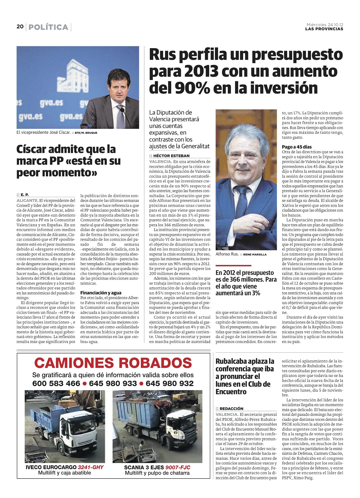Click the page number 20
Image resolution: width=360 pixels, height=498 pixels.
(x=20, y=27)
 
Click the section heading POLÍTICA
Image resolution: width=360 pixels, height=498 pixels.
(x=48, y=27)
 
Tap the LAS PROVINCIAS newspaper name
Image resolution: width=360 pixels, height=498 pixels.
(x=324, y=29)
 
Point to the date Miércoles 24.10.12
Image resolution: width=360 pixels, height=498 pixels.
(x=325, y=25)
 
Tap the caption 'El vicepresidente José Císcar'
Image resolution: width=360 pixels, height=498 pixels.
(x=44, y=132)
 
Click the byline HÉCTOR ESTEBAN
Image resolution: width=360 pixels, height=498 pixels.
(x=171, y=156)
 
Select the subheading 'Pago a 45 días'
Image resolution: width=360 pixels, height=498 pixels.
(x=297, y=147)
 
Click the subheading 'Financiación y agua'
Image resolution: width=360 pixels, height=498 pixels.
(x=101, y=293)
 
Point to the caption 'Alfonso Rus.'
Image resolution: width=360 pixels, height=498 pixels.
(x=227, y=254)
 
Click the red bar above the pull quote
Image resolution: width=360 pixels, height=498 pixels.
(x=233, y=265)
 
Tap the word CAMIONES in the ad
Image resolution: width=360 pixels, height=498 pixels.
(x=73, y=363)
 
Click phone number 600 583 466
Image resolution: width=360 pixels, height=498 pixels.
(x=56, y=383)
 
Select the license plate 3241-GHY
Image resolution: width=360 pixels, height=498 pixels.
(x=91, y=467)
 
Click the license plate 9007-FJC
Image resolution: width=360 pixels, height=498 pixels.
(x=178, y=467)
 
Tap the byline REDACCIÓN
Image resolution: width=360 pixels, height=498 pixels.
(x=231, y=409)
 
